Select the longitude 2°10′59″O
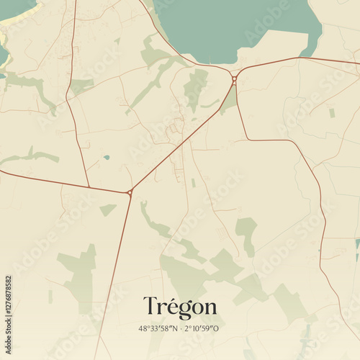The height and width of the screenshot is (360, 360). pos(202,328)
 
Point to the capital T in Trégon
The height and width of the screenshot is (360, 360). pos(150,306)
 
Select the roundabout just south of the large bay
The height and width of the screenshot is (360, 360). pos(234,78)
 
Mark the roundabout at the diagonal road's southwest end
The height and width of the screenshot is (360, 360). pos(130,192)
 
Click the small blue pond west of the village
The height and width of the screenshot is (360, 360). pos(107,157)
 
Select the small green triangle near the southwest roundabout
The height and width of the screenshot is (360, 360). pos(107,210)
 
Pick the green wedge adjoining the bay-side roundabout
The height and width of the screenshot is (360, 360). pos(229,101)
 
